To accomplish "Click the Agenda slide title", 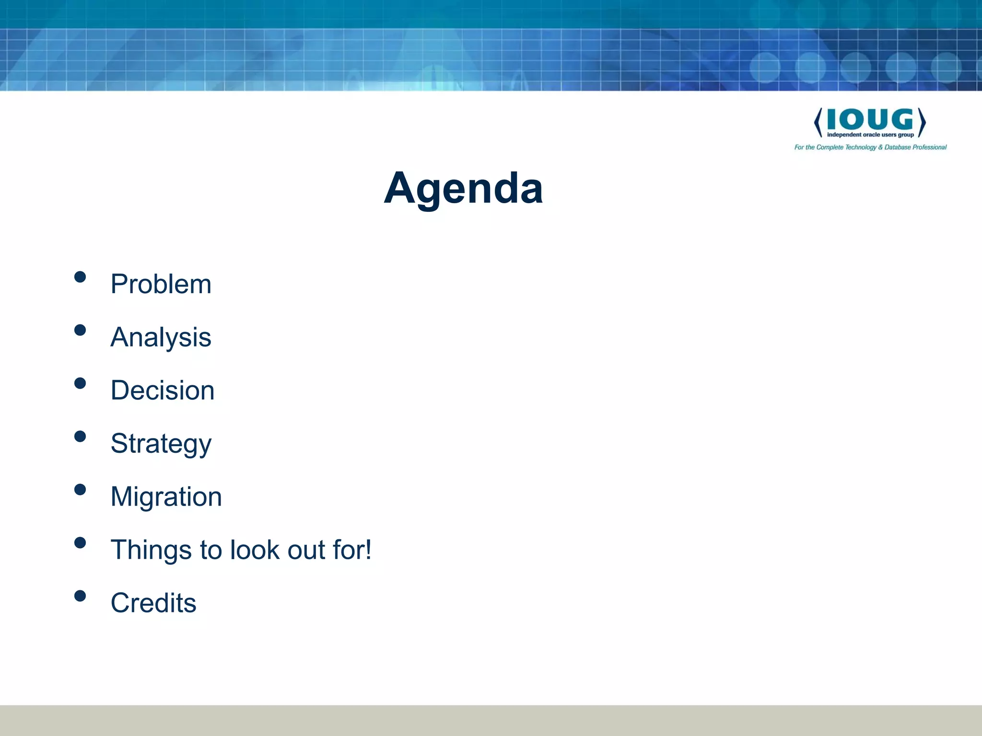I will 463,188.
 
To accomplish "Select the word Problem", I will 161,284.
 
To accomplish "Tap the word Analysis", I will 161,337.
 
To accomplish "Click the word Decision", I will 162,391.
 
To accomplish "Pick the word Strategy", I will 161,444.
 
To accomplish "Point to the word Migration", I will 166,497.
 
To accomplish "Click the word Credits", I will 153,603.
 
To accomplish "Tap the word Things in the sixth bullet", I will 151,550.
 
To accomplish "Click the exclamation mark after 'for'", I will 368,549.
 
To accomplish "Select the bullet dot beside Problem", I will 80,277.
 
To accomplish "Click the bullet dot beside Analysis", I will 80,330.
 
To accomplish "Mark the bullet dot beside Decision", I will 80,383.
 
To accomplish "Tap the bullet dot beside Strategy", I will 80,437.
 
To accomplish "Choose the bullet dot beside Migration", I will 80,490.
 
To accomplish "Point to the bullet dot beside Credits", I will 80,596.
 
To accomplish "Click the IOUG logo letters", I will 870,119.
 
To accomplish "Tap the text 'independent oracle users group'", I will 870,135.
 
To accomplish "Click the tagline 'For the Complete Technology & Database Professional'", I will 870,148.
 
